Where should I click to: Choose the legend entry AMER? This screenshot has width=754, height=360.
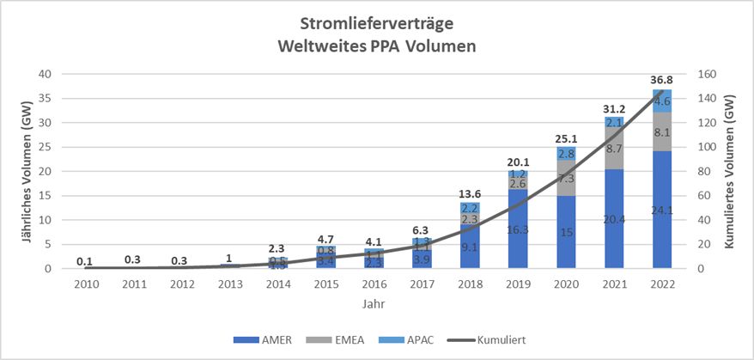[x=263, y=340]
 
